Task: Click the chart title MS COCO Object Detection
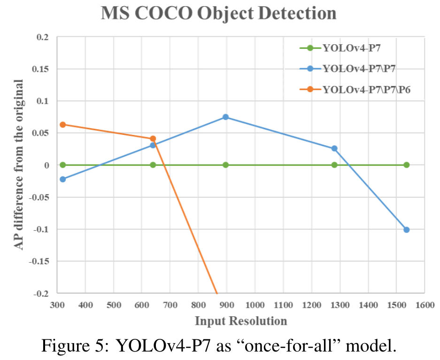[219, 13]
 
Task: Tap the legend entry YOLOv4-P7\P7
[359, 69]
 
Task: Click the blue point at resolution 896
[225, 117]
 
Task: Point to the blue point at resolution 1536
[407, 230]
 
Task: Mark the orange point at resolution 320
[62, 125]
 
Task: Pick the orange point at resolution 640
[153, 139]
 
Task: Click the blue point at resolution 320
[62, 179]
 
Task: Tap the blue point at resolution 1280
[334, 149]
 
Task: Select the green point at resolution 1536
[407, 165]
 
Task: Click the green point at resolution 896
[225, 165]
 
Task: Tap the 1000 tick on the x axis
[255, 305]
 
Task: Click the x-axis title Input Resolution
[240, 321]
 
